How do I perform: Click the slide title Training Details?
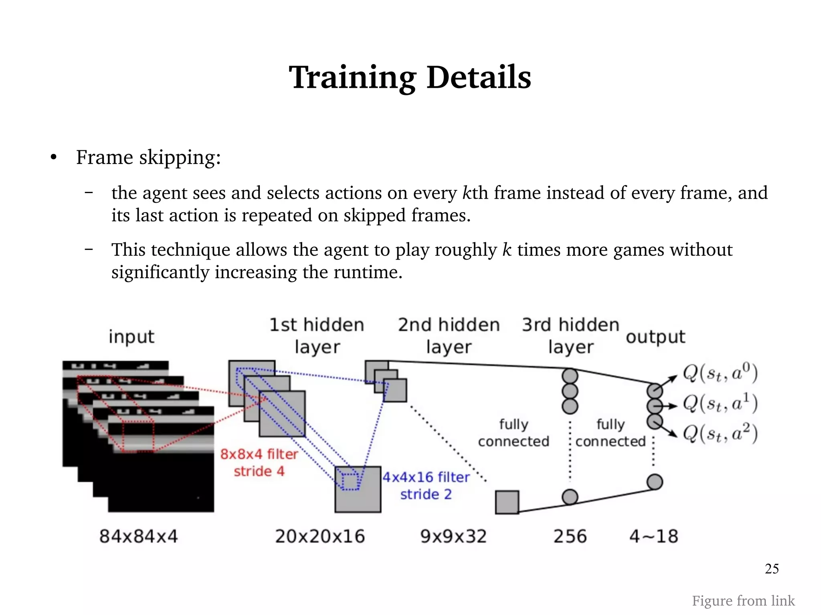tap(410, 77)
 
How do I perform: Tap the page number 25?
tap(772, 569)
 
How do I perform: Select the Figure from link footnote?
tap(743, 601)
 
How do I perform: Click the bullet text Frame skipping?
tap(148, 157)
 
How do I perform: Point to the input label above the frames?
tap(131, 337)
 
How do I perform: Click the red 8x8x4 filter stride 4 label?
tap(259, 462)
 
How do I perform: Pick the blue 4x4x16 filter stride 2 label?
tap(426, 485)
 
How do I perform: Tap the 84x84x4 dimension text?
tap(138, 536)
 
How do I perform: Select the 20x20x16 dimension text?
tap(320, 536)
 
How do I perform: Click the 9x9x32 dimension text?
tap(453, 536)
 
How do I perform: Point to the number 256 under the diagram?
tap(570, 536)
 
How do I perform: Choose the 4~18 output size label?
tap(654, 536)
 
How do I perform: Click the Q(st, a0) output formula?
tap(720, 373)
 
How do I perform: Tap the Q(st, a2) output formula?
tap(720, 434)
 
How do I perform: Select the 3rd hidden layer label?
tap(570, 336)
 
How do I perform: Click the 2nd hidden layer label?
tap(449, 336)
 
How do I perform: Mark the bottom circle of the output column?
tap(654, 482)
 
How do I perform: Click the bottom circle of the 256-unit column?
tap(570, 497)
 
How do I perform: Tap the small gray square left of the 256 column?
tap(507, 502)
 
